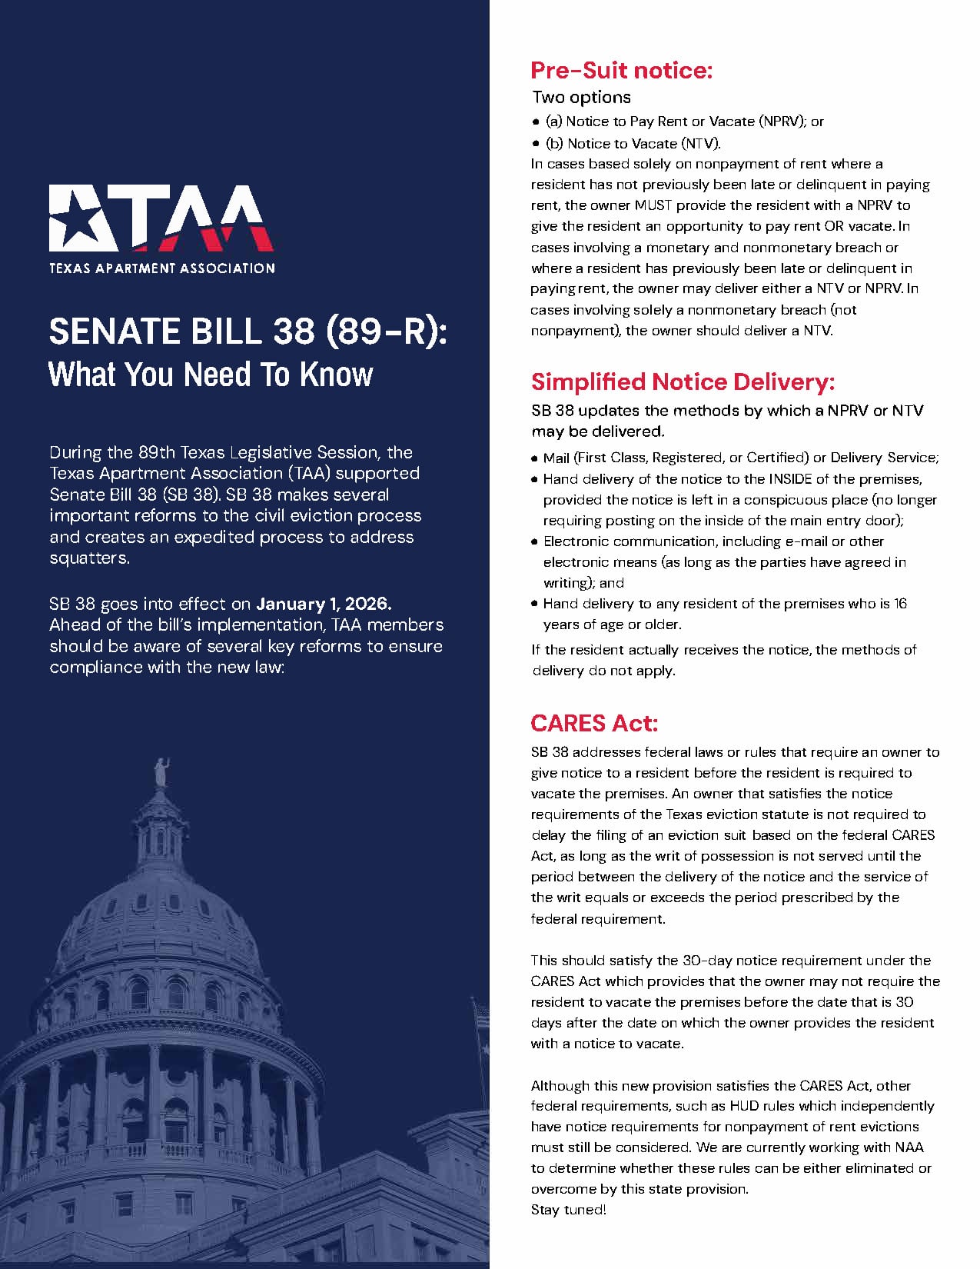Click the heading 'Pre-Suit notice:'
tap(621, 71)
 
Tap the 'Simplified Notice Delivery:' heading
tap(682, 382)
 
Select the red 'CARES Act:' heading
tap(594, 724)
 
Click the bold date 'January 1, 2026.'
tap(324, 604)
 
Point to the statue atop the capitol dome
tap(161, 772)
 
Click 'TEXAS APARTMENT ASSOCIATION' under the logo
tap(162, 268)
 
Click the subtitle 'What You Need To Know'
tap(211, 375)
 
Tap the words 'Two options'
tap(582, 98)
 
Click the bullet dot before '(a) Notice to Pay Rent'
tap(537, 122)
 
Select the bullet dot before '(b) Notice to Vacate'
tap(537, 143)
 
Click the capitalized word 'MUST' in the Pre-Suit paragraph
tap(653, 205)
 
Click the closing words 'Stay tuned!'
tap(568, 1210)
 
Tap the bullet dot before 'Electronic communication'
tap(534, 541)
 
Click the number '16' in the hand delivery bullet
tap(900, 604)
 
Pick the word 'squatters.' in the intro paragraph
tap(89, 558)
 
